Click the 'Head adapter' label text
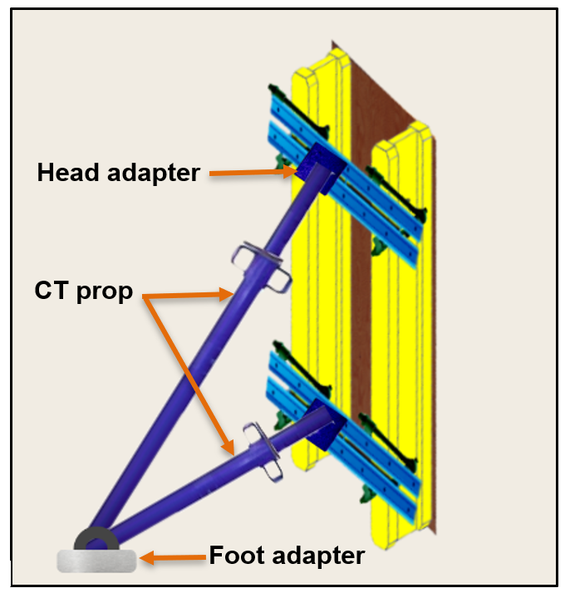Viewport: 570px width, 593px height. tap(118, 173)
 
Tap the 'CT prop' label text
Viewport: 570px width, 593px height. tap(84, 292)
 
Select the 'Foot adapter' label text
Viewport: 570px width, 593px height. tap(287, 555)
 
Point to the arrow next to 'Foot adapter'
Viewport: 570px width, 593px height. tap(171, 556)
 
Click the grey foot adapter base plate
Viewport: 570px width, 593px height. tap(96, 561)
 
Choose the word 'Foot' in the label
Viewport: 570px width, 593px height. tap(233, 555)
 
